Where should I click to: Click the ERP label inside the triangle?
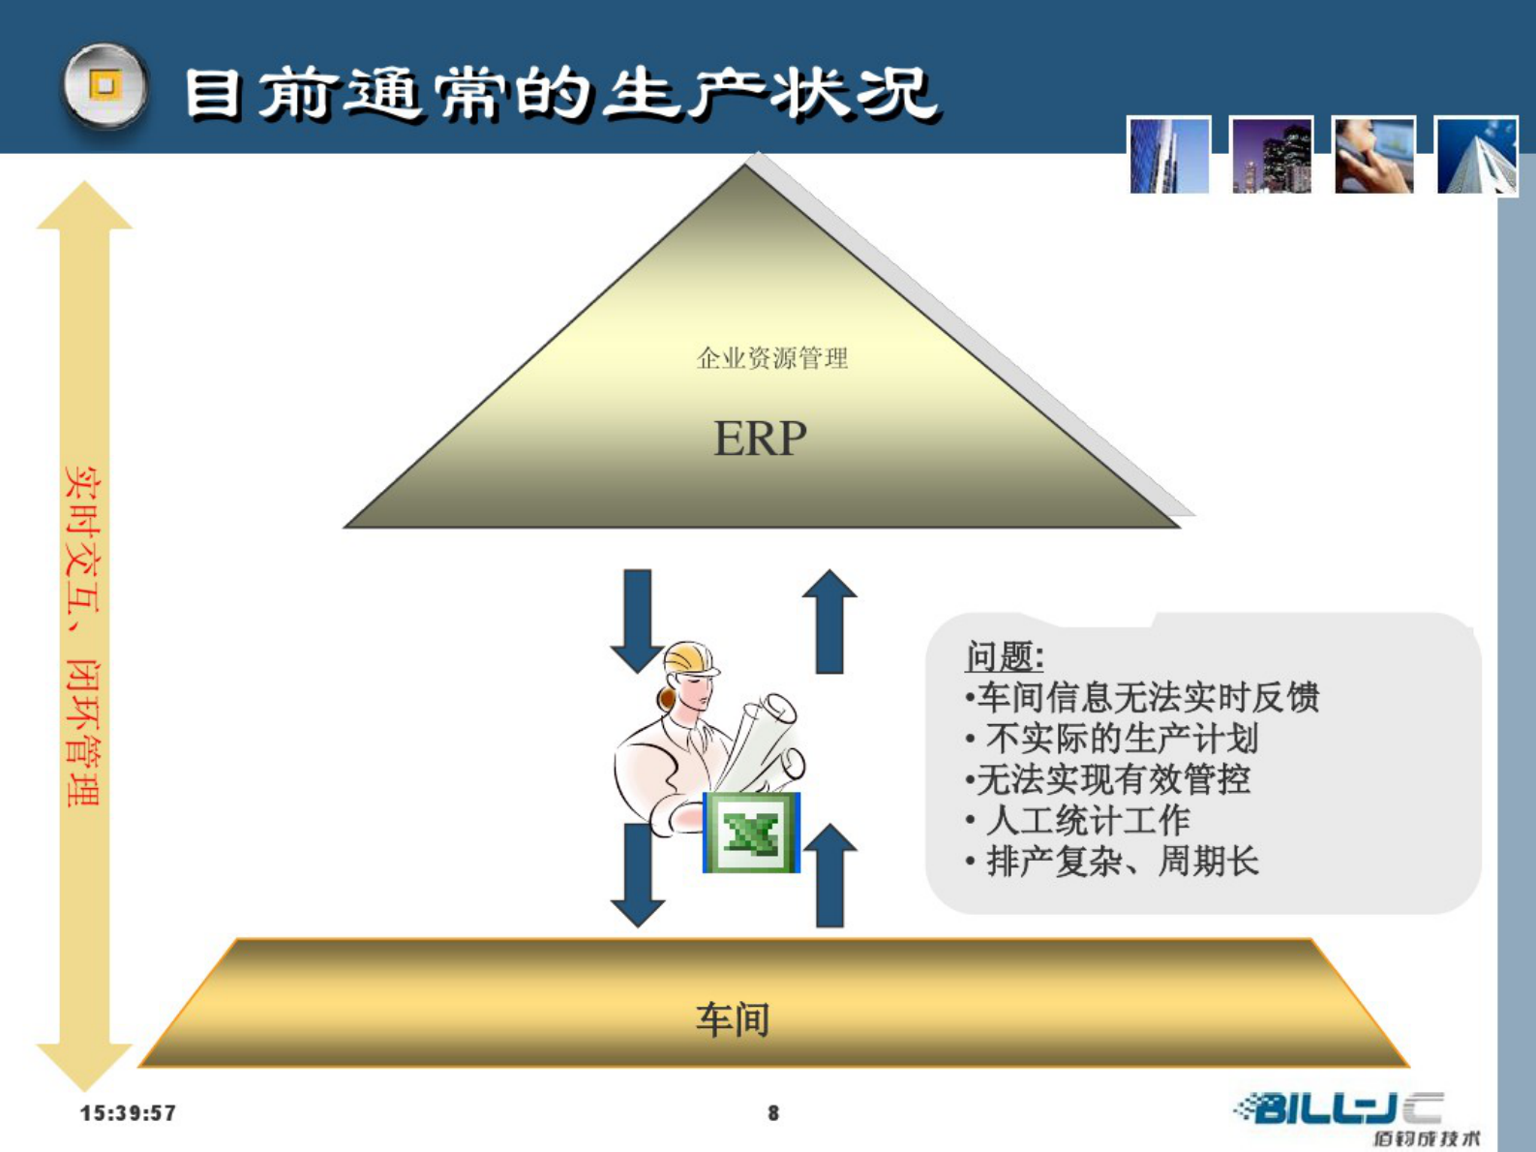click(x=760, y=439)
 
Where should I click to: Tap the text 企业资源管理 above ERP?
click(x=772, y=359)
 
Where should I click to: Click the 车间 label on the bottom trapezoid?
click(x=733, y=1019)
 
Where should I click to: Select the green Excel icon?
click(x=751, y=833)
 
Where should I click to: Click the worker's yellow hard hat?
click(x=691, y=658)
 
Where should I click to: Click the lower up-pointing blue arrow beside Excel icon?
click(x=829, y=876)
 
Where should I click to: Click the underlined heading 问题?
click(x=1005, y=657)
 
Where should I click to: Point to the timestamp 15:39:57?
click(x=128, y=1113)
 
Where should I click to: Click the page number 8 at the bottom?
click(x=773, y=1113)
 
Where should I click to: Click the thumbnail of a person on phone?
click(x=1373, y=156)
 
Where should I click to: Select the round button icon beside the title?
click(x=105, y=86)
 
